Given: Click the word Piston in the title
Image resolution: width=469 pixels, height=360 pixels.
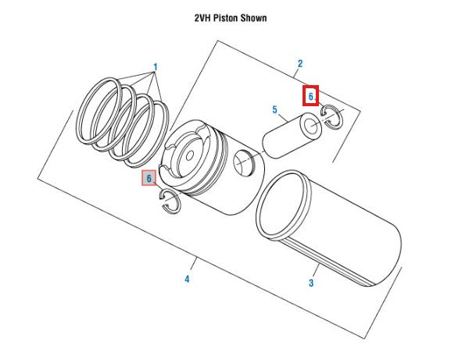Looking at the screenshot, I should (233, 18).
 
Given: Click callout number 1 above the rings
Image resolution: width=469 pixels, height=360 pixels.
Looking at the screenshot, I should (155, 68).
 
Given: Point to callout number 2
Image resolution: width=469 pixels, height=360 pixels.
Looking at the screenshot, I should (300, 64).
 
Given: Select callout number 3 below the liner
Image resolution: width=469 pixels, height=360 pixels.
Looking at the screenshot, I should (310, 283).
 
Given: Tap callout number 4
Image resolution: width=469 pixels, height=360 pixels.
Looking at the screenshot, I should (187, 279).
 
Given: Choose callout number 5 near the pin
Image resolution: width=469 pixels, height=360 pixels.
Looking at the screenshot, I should (275, 110).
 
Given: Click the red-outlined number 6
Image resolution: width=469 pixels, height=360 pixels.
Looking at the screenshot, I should (310, 96).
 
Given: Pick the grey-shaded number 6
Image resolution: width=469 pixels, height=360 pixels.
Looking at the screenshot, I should (148, 179).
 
